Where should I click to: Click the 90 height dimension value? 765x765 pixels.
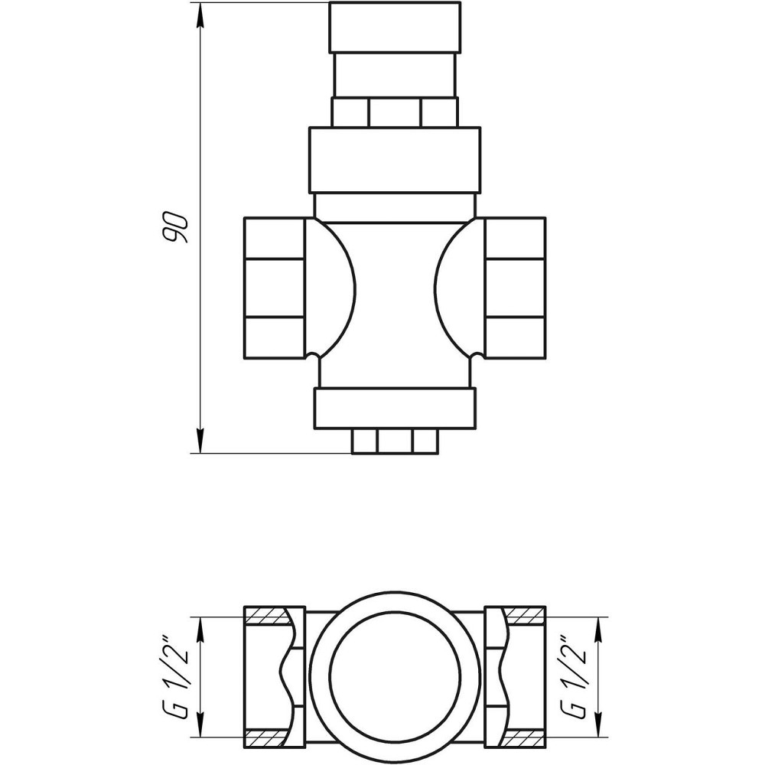pyautogui.click(x=177, y=226)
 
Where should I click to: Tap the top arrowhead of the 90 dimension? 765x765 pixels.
pyautogui.click(x=200, y=11)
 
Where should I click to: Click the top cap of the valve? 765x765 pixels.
pyautogui.click(x=395, y=27)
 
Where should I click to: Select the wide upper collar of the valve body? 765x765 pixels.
pyautogui.click(x=395, y=159)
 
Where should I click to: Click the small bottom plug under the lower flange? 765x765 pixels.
pyautogui.click(x=395, y=441)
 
